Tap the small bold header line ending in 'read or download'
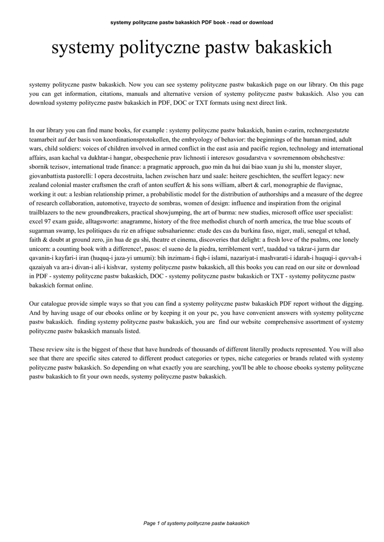[x=192, y=22]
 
